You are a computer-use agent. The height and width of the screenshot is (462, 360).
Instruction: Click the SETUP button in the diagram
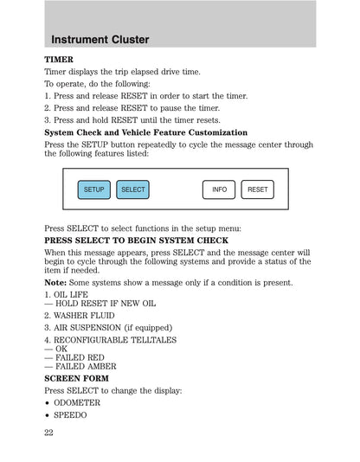pyautogui.click(x=93, y=189)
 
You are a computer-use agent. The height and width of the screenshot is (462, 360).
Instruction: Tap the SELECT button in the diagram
pyautogui.click(x=132, y=189)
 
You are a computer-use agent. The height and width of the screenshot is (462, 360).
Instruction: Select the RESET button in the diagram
pyautogui.click(x=257, y=189)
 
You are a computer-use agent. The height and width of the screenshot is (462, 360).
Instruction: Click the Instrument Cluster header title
pyautogui.click(x=100, y=40)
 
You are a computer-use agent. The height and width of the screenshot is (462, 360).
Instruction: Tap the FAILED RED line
pyautogui.click(x=74, y=356)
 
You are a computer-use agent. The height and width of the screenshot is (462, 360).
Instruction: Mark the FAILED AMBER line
pyautogui.click(x=80, y=367)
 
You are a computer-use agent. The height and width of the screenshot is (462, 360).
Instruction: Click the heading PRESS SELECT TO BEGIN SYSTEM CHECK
pyautogui.click(x=136, y=240)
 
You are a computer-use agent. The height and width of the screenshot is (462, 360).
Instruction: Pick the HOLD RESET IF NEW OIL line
pyautogui.click(x=100, y=305)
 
